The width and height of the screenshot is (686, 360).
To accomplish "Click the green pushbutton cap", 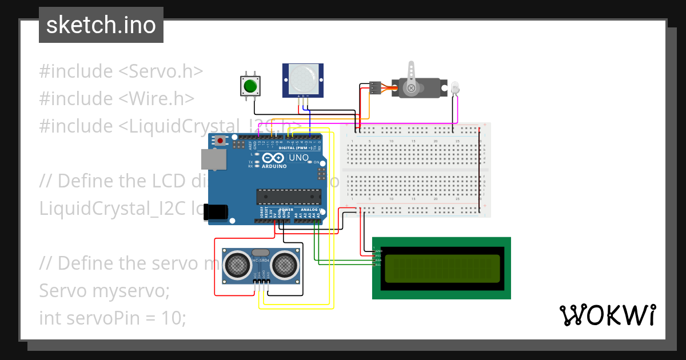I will point(249,86).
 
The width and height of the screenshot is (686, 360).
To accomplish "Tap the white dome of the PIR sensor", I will point(303,79).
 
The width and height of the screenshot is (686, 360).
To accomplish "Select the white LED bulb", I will point(455,88).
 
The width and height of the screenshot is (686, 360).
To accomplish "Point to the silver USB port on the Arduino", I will point(214,159).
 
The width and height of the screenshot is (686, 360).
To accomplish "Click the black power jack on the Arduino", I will point(217,211).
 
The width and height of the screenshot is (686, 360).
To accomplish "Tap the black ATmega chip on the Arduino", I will point(289,196).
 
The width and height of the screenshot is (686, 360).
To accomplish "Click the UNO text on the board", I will point(298,157).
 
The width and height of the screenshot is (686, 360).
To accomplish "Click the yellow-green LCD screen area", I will point(438,268).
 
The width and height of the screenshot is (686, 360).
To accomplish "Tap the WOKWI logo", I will point(607,315).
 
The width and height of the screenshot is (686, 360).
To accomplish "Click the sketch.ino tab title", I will point(101,26).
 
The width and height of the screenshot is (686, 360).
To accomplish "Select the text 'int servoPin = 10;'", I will point(112,318).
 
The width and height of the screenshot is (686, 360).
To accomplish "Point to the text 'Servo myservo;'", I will point(105,290).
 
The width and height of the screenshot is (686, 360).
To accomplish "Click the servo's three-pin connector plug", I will point(375,87).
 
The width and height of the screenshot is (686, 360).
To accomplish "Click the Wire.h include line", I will point(117,99).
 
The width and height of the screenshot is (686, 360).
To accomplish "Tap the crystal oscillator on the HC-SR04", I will point(260,252).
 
